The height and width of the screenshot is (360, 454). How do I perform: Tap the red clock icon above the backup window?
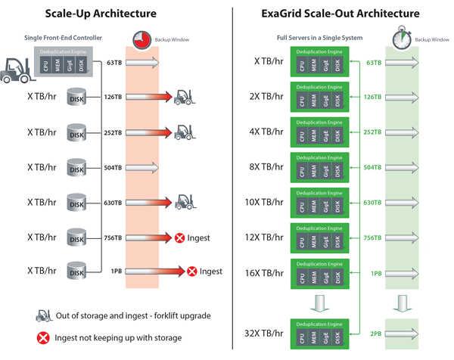[141, 40]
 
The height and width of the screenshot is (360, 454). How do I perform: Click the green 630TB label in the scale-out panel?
[372, 202]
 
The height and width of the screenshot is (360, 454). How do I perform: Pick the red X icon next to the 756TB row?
[179, 237]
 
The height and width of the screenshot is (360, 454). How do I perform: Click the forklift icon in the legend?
[41, 315]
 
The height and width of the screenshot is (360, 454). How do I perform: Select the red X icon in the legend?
[41, 337]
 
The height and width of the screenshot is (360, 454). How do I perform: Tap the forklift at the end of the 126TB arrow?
[185, 97]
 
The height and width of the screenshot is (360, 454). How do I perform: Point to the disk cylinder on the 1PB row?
[76, 271]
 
